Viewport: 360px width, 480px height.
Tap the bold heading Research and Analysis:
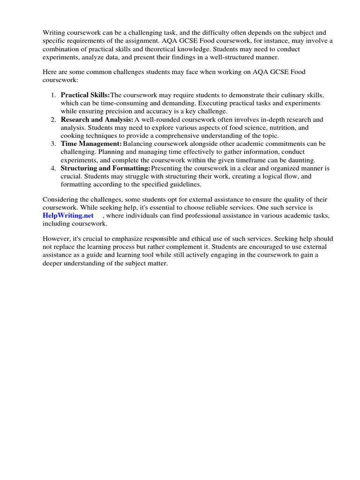coord(97,120)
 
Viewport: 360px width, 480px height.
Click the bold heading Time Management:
coord(91,143)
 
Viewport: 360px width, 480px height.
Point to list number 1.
coord(53,95)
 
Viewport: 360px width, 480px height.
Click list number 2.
coord(53,120)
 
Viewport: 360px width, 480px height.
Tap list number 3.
coord(53,143)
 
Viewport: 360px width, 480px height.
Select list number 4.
coord(53,168)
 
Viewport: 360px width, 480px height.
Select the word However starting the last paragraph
coord(57,238)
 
